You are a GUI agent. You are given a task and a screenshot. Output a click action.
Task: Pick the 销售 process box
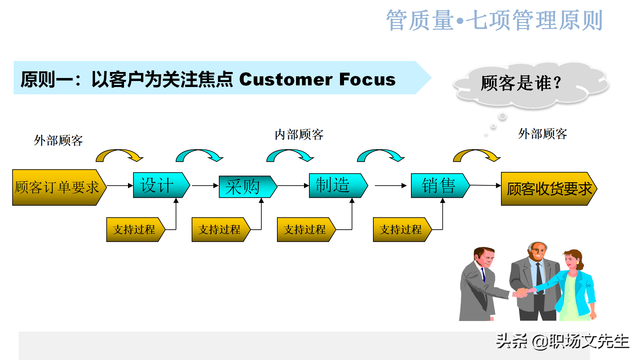click(x=438, y=185)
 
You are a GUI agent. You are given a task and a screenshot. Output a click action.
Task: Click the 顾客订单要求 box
click(x=57, y=187)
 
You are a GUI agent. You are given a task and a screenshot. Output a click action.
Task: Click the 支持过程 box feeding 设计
click(x=134, y=229)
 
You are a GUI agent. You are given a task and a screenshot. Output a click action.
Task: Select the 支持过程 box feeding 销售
click(x=400, y=229)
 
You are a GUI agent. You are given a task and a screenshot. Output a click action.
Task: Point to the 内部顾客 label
click(x=299, y=135)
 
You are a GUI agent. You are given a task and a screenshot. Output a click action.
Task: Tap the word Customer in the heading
click(x=286, y=79)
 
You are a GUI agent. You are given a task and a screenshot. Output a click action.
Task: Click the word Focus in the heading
click(x=367, y=79)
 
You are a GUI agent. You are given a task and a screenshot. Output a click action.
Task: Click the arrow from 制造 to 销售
click(x=390, y=186)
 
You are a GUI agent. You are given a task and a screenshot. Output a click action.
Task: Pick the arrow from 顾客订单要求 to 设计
click(x=120, y=186)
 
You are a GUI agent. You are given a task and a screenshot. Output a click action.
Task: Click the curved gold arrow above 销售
click(x=477, y=155)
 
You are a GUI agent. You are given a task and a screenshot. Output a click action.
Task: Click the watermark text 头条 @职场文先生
click(x=562, y=341)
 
